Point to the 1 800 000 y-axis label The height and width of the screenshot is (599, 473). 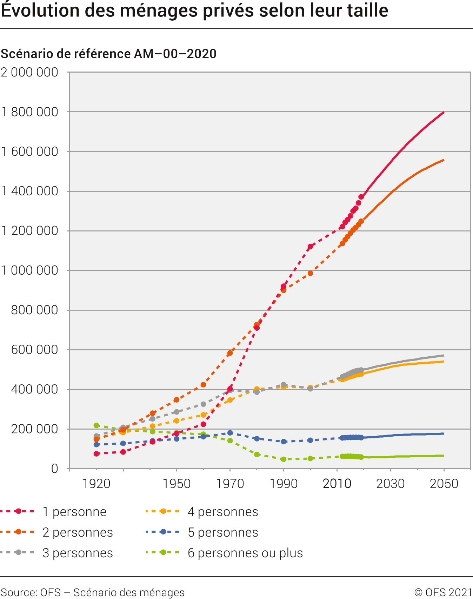pos(29,112)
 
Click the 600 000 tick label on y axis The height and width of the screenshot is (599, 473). pos(34,350)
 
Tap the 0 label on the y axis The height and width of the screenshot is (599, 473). pos(54,469)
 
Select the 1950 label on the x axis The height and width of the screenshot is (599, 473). pos(176,484)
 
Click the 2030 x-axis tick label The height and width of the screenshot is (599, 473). pos(390,484)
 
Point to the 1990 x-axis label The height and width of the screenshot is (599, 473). pos(284,484)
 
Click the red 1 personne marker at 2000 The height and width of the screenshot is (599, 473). pos(310,247)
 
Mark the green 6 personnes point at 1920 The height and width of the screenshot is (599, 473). pos(96,425)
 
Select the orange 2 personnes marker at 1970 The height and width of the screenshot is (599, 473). pos(230,353)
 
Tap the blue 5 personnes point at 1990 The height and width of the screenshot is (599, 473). pos(284,442)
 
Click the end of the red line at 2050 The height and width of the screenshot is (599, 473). pos(444,112)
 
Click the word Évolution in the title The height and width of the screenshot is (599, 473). pos(40,11)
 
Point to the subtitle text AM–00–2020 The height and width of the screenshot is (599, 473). pos(175,54)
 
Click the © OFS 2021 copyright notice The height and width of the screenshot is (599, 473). pos(443,592)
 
